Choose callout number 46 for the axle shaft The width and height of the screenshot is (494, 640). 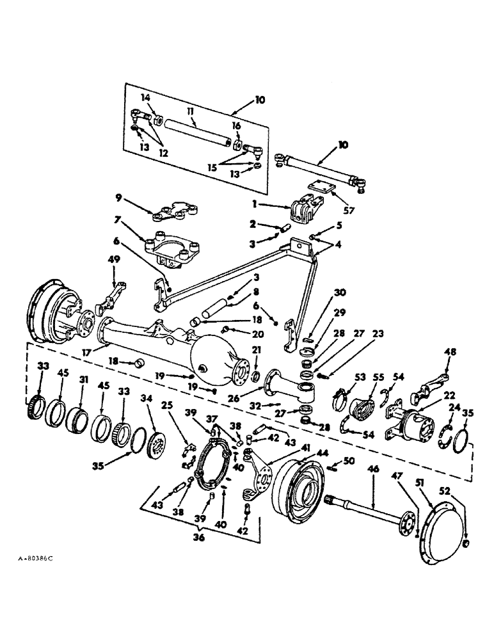pos(372,470)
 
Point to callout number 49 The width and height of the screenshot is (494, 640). pos(115,259)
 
